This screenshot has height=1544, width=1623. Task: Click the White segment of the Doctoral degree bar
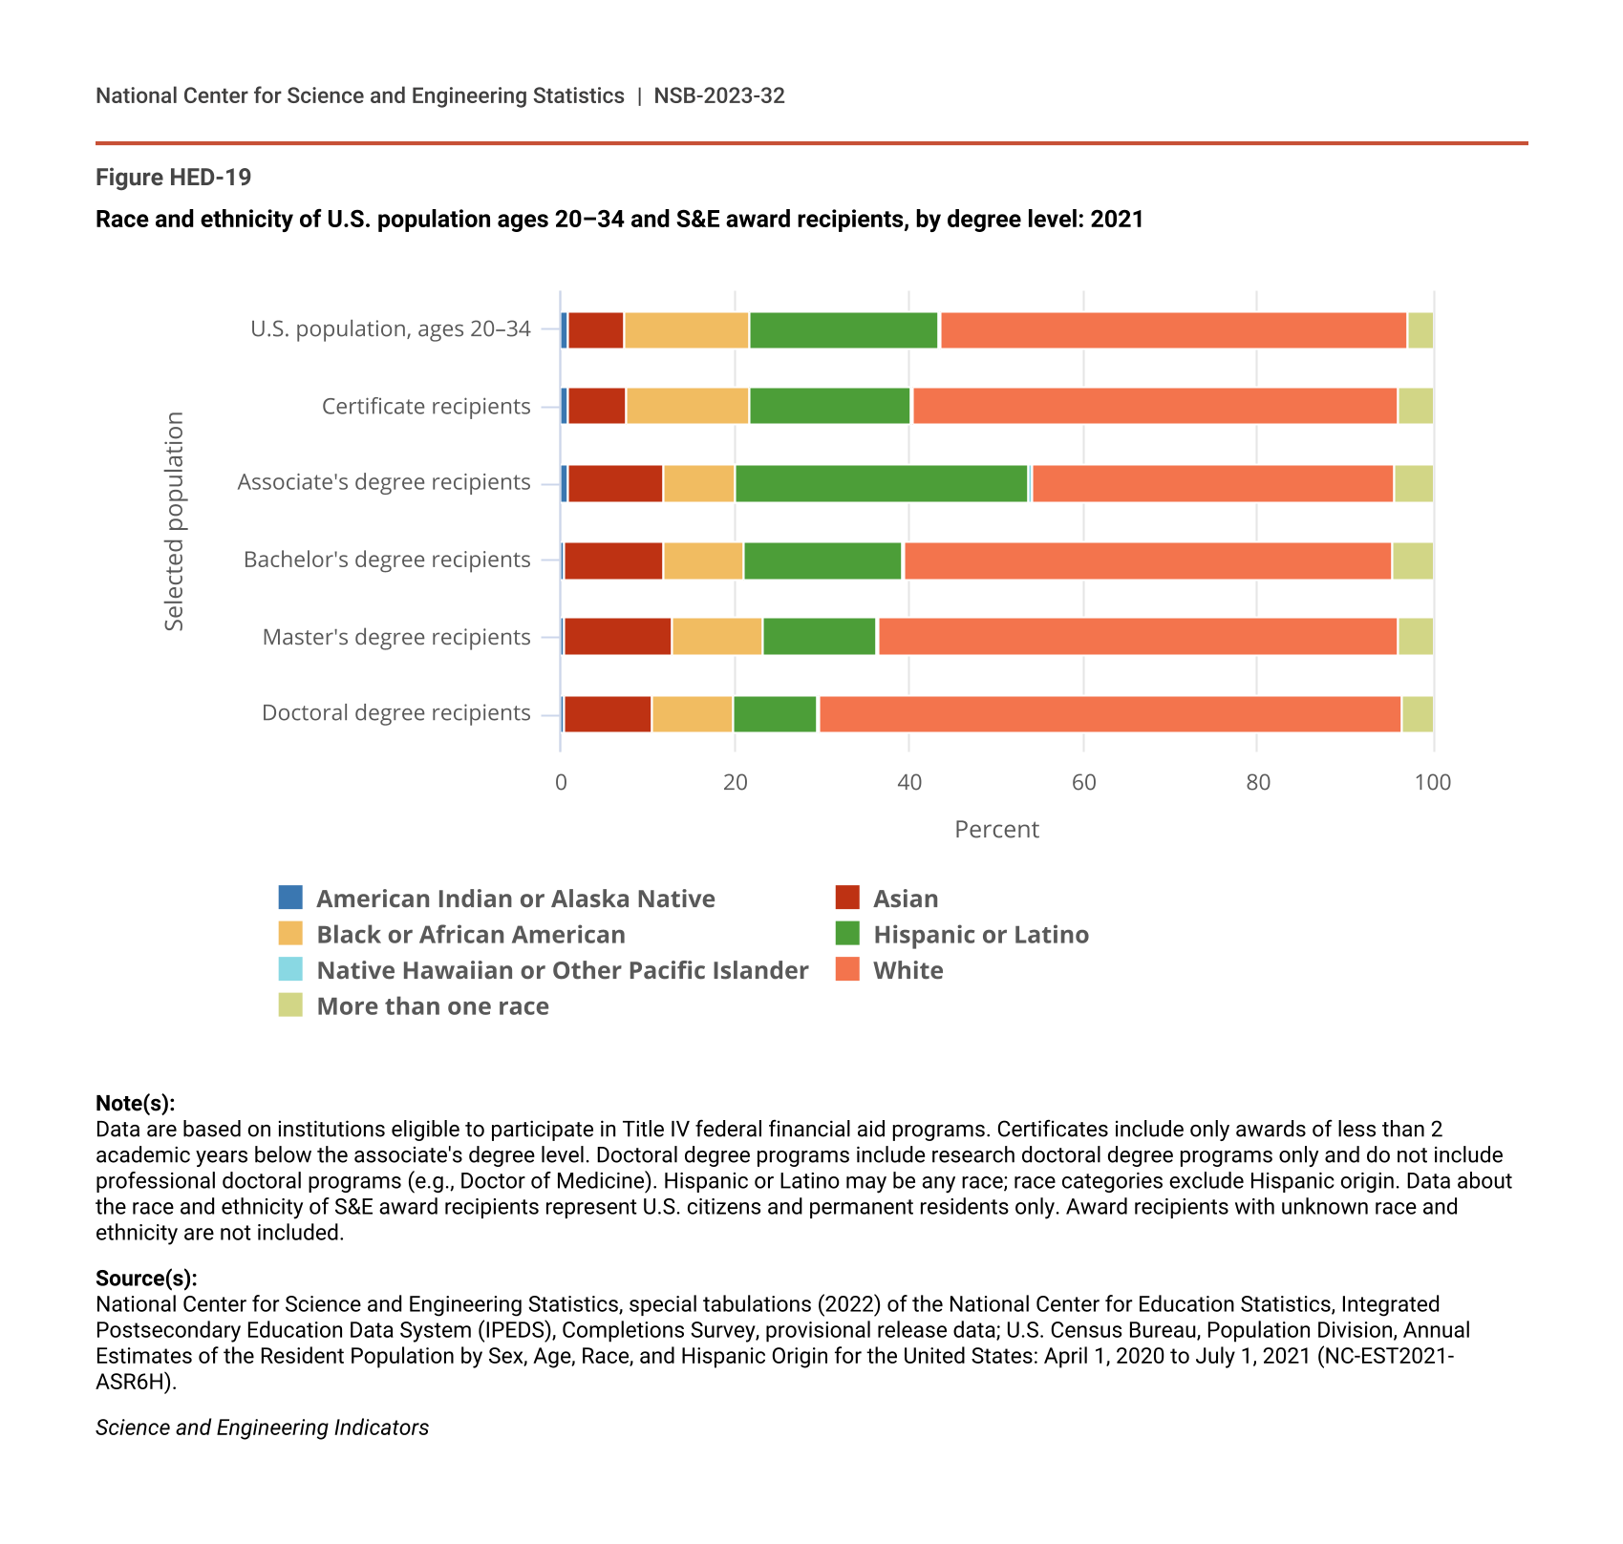1109,714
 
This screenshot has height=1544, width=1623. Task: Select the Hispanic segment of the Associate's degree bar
881,483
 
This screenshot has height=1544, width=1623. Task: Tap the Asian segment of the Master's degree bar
617,637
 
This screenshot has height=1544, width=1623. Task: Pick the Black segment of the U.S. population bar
686,330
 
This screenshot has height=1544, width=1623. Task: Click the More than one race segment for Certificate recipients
1415,406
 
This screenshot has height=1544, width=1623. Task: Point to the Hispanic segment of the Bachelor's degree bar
822,560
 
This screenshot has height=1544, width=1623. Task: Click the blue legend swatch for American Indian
290,898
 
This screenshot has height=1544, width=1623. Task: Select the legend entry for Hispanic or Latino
980,934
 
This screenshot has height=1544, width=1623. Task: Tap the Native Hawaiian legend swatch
290,969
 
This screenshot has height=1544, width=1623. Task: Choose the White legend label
908,970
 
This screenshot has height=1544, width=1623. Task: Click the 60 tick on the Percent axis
1083,783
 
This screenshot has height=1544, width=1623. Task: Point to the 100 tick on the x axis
1432,783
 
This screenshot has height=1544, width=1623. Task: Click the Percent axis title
996,829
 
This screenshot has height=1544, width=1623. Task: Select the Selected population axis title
174,521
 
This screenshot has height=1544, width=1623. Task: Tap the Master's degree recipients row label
396,637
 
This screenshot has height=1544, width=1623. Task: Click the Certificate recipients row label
426,407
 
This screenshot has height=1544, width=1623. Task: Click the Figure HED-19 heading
173,178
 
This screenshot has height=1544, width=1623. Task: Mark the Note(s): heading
135,1104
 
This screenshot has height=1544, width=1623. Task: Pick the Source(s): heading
146,1279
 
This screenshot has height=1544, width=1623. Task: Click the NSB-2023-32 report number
719,95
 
